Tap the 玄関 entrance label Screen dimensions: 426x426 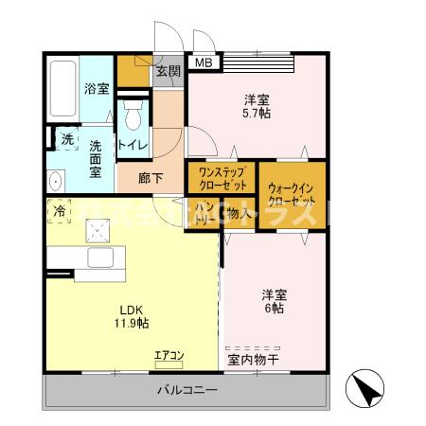coord(168,70)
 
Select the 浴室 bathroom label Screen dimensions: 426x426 coord(96,89)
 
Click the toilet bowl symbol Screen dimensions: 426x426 coord(133,118)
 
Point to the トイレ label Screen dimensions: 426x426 coord(132,145)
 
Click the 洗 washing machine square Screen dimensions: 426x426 coord(66,138)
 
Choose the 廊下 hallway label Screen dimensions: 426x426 coord(151,177)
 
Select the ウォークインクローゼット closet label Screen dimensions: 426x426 coord(292,194)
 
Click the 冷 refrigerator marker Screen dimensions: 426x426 coord(60,210)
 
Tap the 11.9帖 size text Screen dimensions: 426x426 coord(132,323)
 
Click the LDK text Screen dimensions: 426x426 coord(131,309)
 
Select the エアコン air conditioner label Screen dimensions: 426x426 coord(170,355)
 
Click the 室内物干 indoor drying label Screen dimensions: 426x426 coord(259,360)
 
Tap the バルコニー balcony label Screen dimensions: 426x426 coord(187,391)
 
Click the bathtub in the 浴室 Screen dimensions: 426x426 coord(62,89)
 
